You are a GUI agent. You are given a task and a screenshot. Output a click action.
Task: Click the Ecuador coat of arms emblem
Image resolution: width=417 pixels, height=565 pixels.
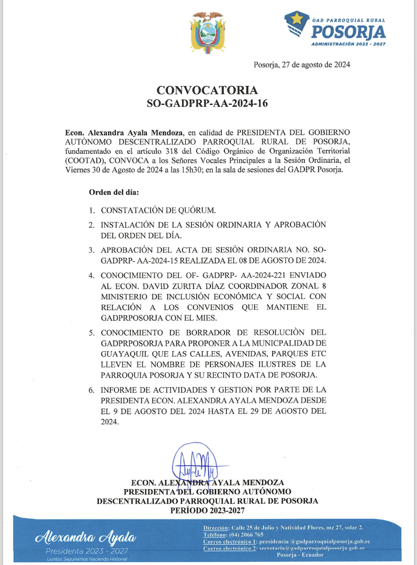point(208,33)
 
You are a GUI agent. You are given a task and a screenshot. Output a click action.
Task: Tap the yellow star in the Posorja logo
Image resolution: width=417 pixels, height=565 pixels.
point(297,20)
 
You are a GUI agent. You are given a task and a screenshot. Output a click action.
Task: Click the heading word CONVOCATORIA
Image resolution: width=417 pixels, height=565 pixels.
point(207,90)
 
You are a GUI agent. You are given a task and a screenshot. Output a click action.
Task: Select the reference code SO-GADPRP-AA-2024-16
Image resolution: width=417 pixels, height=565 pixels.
point(207,103)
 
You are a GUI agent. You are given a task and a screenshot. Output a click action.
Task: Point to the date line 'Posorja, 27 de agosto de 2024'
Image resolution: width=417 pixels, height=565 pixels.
point(302,65)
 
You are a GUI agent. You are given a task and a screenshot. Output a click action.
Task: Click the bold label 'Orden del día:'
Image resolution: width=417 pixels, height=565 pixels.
point(114,192)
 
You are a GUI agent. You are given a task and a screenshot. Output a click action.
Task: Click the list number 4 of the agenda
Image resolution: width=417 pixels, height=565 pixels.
point(92,276)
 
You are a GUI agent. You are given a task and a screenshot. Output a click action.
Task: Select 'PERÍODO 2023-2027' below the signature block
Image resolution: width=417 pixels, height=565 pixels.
point(207,511)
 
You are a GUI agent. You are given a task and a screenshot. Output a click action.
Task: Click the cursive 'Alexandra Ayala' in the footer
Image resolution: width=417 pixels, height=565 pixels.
point(85,537)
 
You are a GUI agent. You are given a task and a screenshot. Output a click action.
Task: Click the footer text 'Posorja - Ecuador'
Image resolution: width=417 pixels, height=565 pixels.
point(300,555)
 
